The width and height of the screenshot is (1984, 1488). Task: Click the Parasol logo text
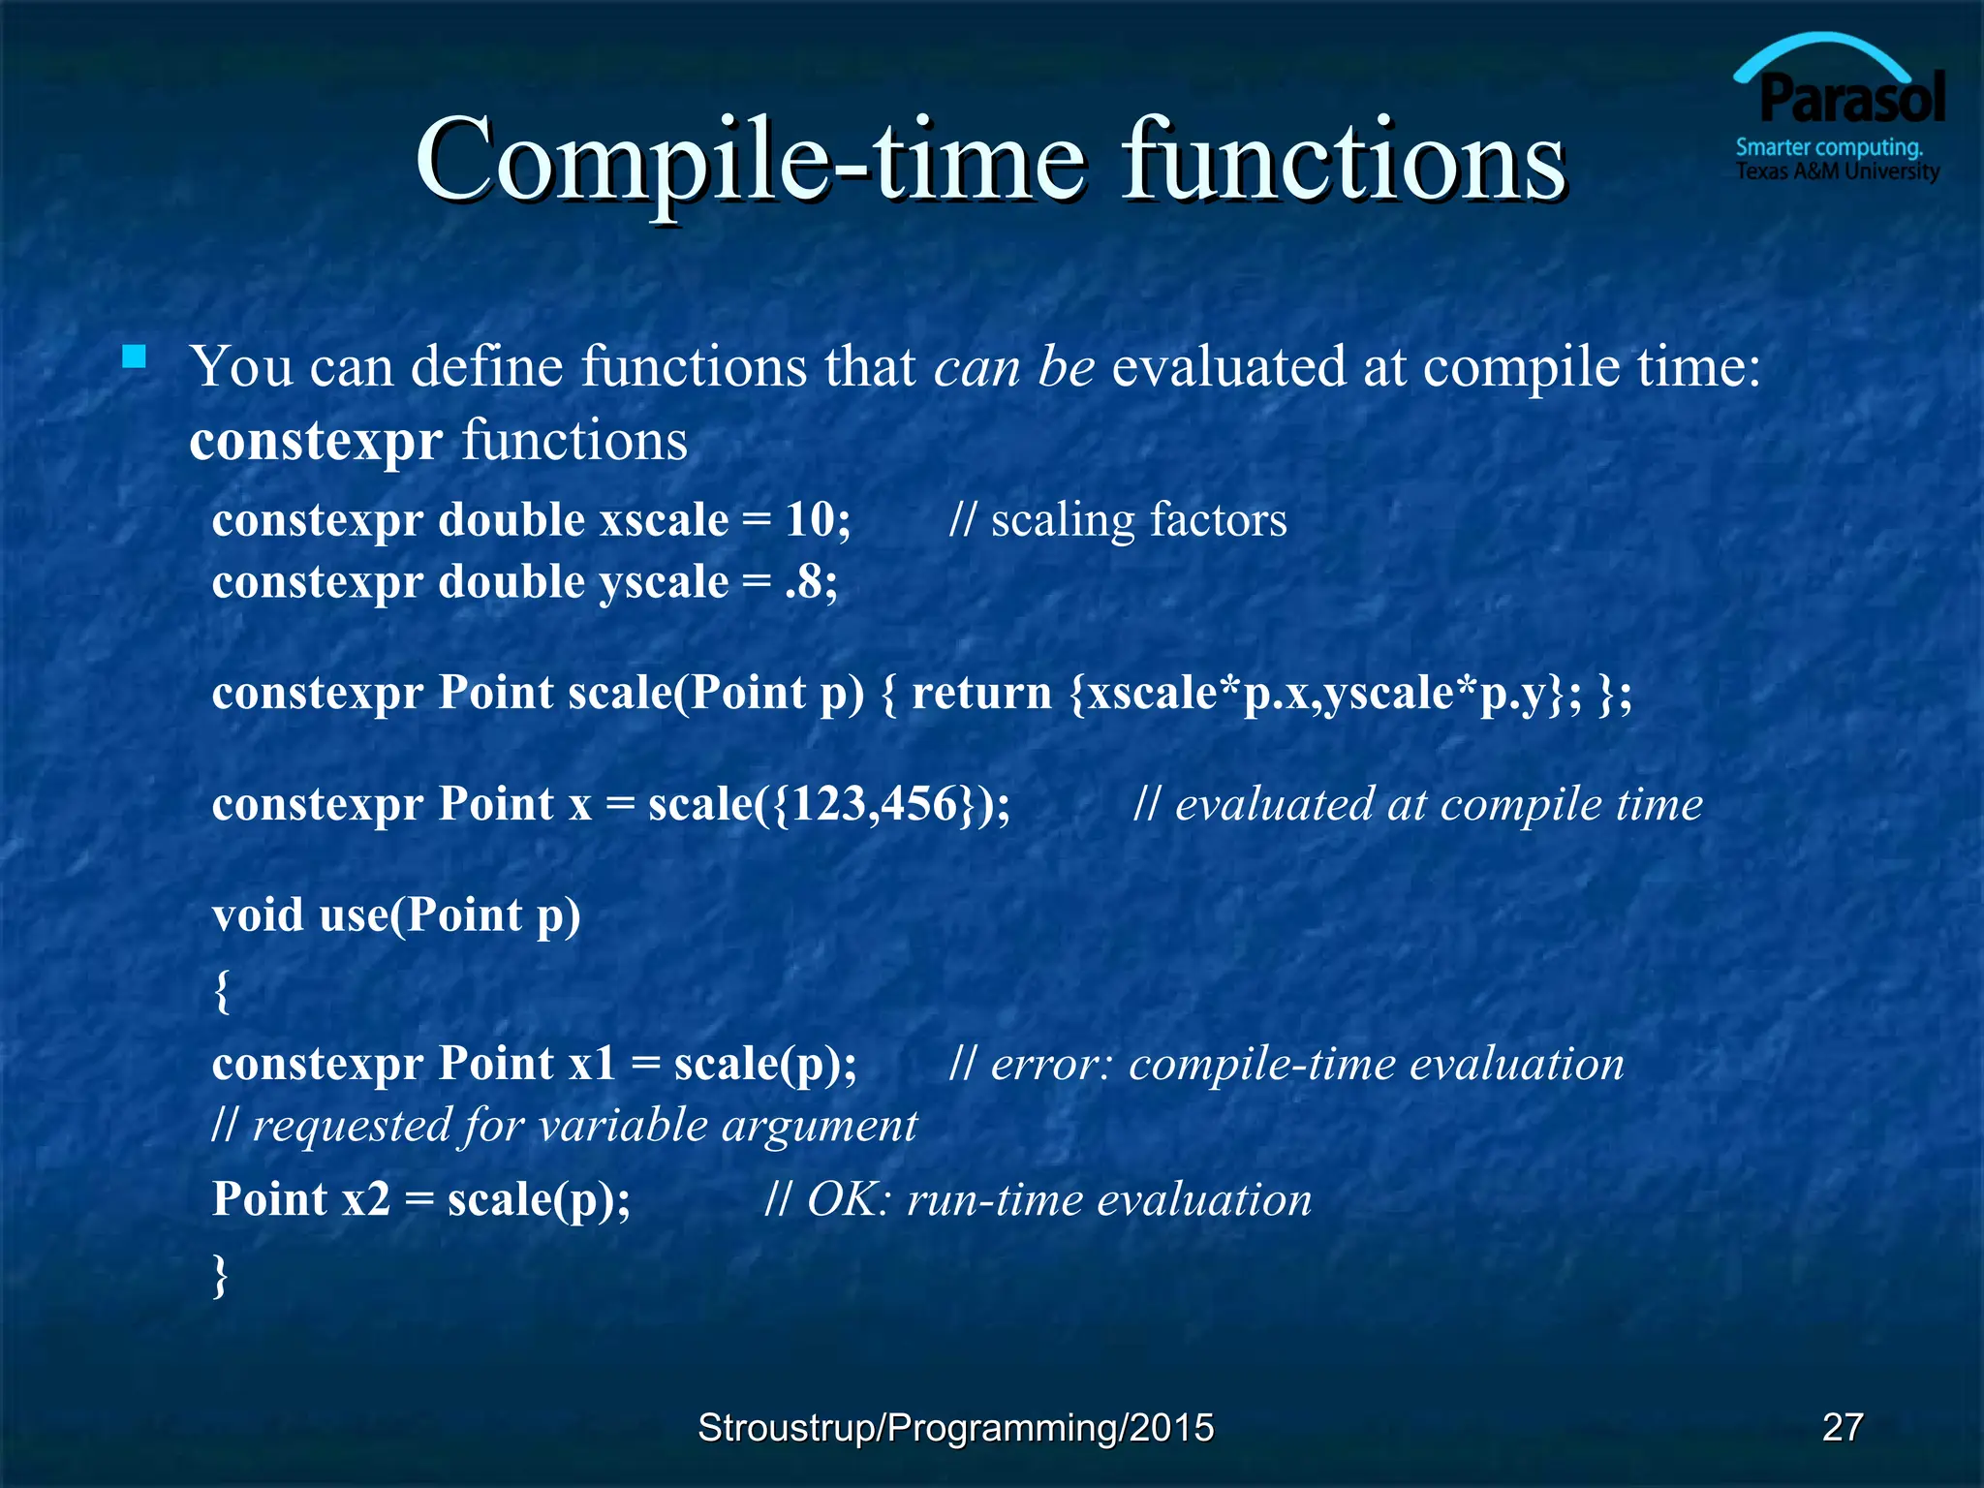click(1851, 99)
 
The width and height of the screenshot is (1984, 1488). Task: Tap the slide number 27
click(1842, 1427)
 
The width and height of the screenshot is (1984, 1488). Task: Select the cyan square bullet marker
click(135, 357)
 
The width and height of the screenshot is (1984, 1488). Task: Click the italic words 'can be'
click(1013, 367)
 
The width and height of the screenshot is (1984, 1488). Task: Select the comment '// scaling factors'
click(1118, 520)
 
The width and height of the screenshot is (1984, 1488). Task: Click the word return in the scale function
click(981, 694)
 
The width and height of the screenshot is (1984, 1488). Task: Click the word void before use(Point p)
click(258, 915)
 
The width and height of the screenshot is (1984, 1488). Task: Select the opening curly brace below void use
click(222, 990)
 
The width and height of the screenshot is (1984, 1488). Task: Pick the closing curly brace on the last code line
click(221, 1274)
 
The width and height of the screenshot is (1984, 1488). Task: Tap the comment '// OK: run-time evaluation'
click(1038, 1200)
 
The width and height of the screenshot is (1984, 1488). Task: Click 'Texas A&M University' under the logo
click(1837, 172)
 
